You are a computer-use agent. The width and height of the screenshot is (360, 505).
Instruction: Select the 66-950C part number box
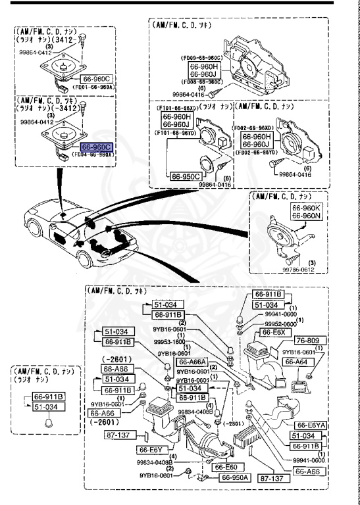tap(186, 176)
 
